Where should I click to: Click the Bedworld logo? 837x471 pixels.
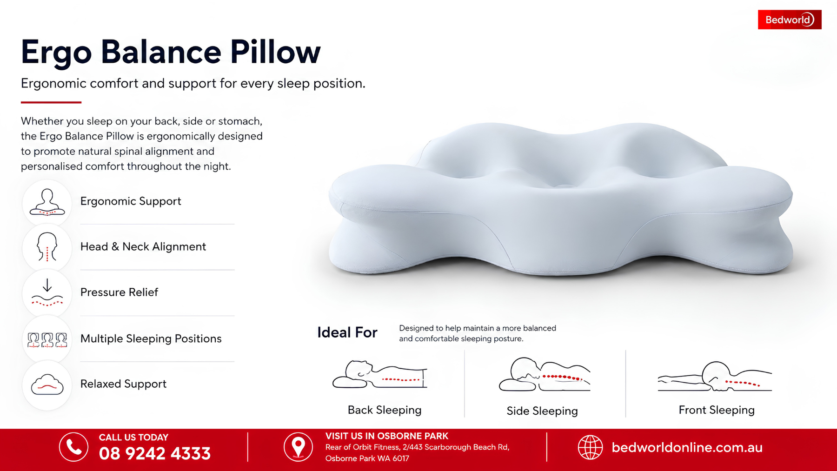click(790, 20)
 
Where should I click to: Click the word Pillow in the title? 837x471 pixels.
click(275, 52)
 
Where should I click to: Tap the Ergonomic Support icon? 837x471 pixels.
click(47, 202)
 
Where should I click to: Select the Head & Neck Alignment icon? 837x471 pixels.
click(47, 247)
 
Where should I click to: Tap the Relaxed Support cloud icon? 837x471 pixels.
click(47, 385)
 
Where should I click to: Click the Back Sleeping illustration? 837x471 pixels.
click(380, 374)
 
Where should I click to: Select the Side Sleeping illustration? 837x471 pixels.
click(545, 374)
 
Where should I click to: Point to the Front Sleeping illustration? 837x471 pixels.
click(715, 376)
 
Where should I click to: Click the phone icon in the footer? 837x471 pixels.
click(73, 447)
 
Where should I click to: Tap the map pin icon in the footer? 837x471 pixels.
click(298, 447)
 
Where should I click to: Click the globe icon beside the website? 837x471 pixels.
click(590, 447)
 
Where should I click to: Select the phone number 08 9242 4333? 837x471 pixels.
click(155, 453)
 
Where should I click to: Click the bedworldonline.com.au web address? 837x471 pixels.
click(687, 447)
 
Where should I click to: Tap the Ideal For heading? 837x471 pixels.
click(347, 332)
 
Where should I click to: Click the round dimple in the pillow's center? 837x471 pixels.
click(565, 186)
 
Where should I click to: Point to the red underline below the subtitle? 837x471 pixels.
click(51, 102)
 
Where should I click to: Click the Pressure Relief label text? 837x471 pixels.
click(119, 292)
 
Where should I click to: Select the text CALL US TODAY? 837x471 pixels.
click(133, 438)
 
